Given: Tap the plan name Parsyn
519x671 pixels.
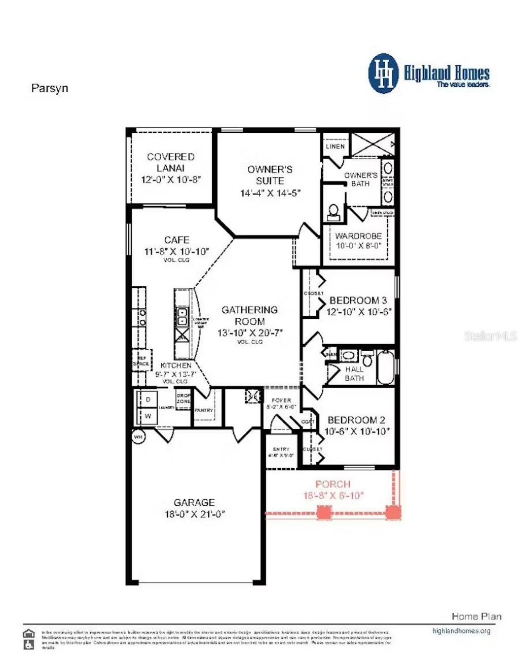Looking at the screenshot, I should point(50,88).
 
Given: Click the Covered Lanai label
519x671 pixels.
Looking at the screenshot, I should point(171,162).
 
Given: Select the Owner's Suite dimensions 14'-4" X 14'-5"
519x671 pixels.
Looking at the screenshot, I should point(270,193).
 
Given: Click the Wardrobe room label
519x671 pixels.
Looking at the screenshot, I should point(358,236).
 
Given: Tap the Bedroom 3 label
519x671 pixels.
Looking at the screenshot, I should point(358,301).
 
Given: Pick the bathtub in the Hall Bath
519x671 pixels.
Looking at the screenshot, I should point(386,366).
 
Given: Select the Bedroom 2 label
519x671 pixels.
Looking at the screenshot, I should point(356,420).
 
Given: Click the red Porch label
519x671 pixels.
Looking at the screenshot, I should point(333,484).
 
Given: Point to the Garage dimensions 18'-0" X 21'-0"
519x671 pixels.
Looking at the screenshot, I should point(194,514).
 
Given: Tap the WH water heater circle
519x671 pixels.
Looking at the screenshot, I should point(137,436).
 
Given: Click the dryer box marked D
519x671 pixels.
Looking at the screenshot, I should point(148,399).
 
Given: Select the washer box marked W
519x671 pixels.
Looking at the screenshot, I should point(148,416).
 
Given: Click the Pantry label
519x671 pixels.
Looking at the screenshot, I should point(204,410).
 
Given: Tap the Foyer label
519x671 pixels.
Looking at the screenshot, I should point(281,400).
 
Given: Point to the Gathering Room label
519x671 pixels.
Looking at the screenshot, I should point(249,315).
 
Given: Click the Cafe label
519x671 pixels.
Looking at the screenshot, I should point(177,240).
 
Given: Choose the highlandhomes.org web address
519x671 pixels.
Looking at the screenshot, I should point(461,631).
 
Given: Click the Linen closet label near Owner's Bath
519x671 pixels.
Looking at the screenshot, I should point(335,146).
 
